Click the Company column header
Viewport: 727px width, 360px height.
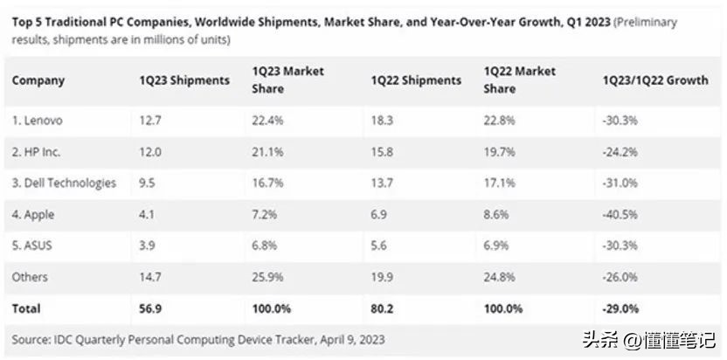(x=38, y=80)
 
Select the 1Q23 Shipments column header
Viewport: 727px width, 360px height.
(x=184, y=80)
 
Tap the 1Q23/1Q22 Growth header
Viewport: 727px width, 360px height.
(x=654, y=80)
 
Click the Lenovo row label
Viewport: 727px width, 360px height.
(x=38, y=120)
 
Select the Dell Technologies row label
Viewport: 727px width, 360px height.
(x=64, y=183)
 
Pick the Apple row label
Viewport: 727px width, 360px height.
(x=35, y=214)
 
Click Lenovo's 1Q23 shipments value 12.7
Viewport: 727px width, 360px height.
(x=149, y=120)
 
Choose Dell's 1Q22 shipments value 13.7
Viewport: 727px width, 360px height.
(x=382, y=183)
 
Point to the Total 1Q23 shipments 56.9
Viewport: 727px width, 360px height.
(x=150, y=308)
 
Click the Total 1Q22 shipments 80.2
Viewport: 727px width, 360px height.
(x=383, y=308)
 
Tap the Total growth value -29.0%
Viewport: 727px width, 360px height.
(x=621, y=308)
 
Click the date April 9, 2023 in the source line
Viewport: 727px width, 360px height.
(x=343, y=338)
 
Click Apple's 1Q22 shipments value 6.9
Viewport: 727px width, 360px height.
(x=379, y=214)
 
